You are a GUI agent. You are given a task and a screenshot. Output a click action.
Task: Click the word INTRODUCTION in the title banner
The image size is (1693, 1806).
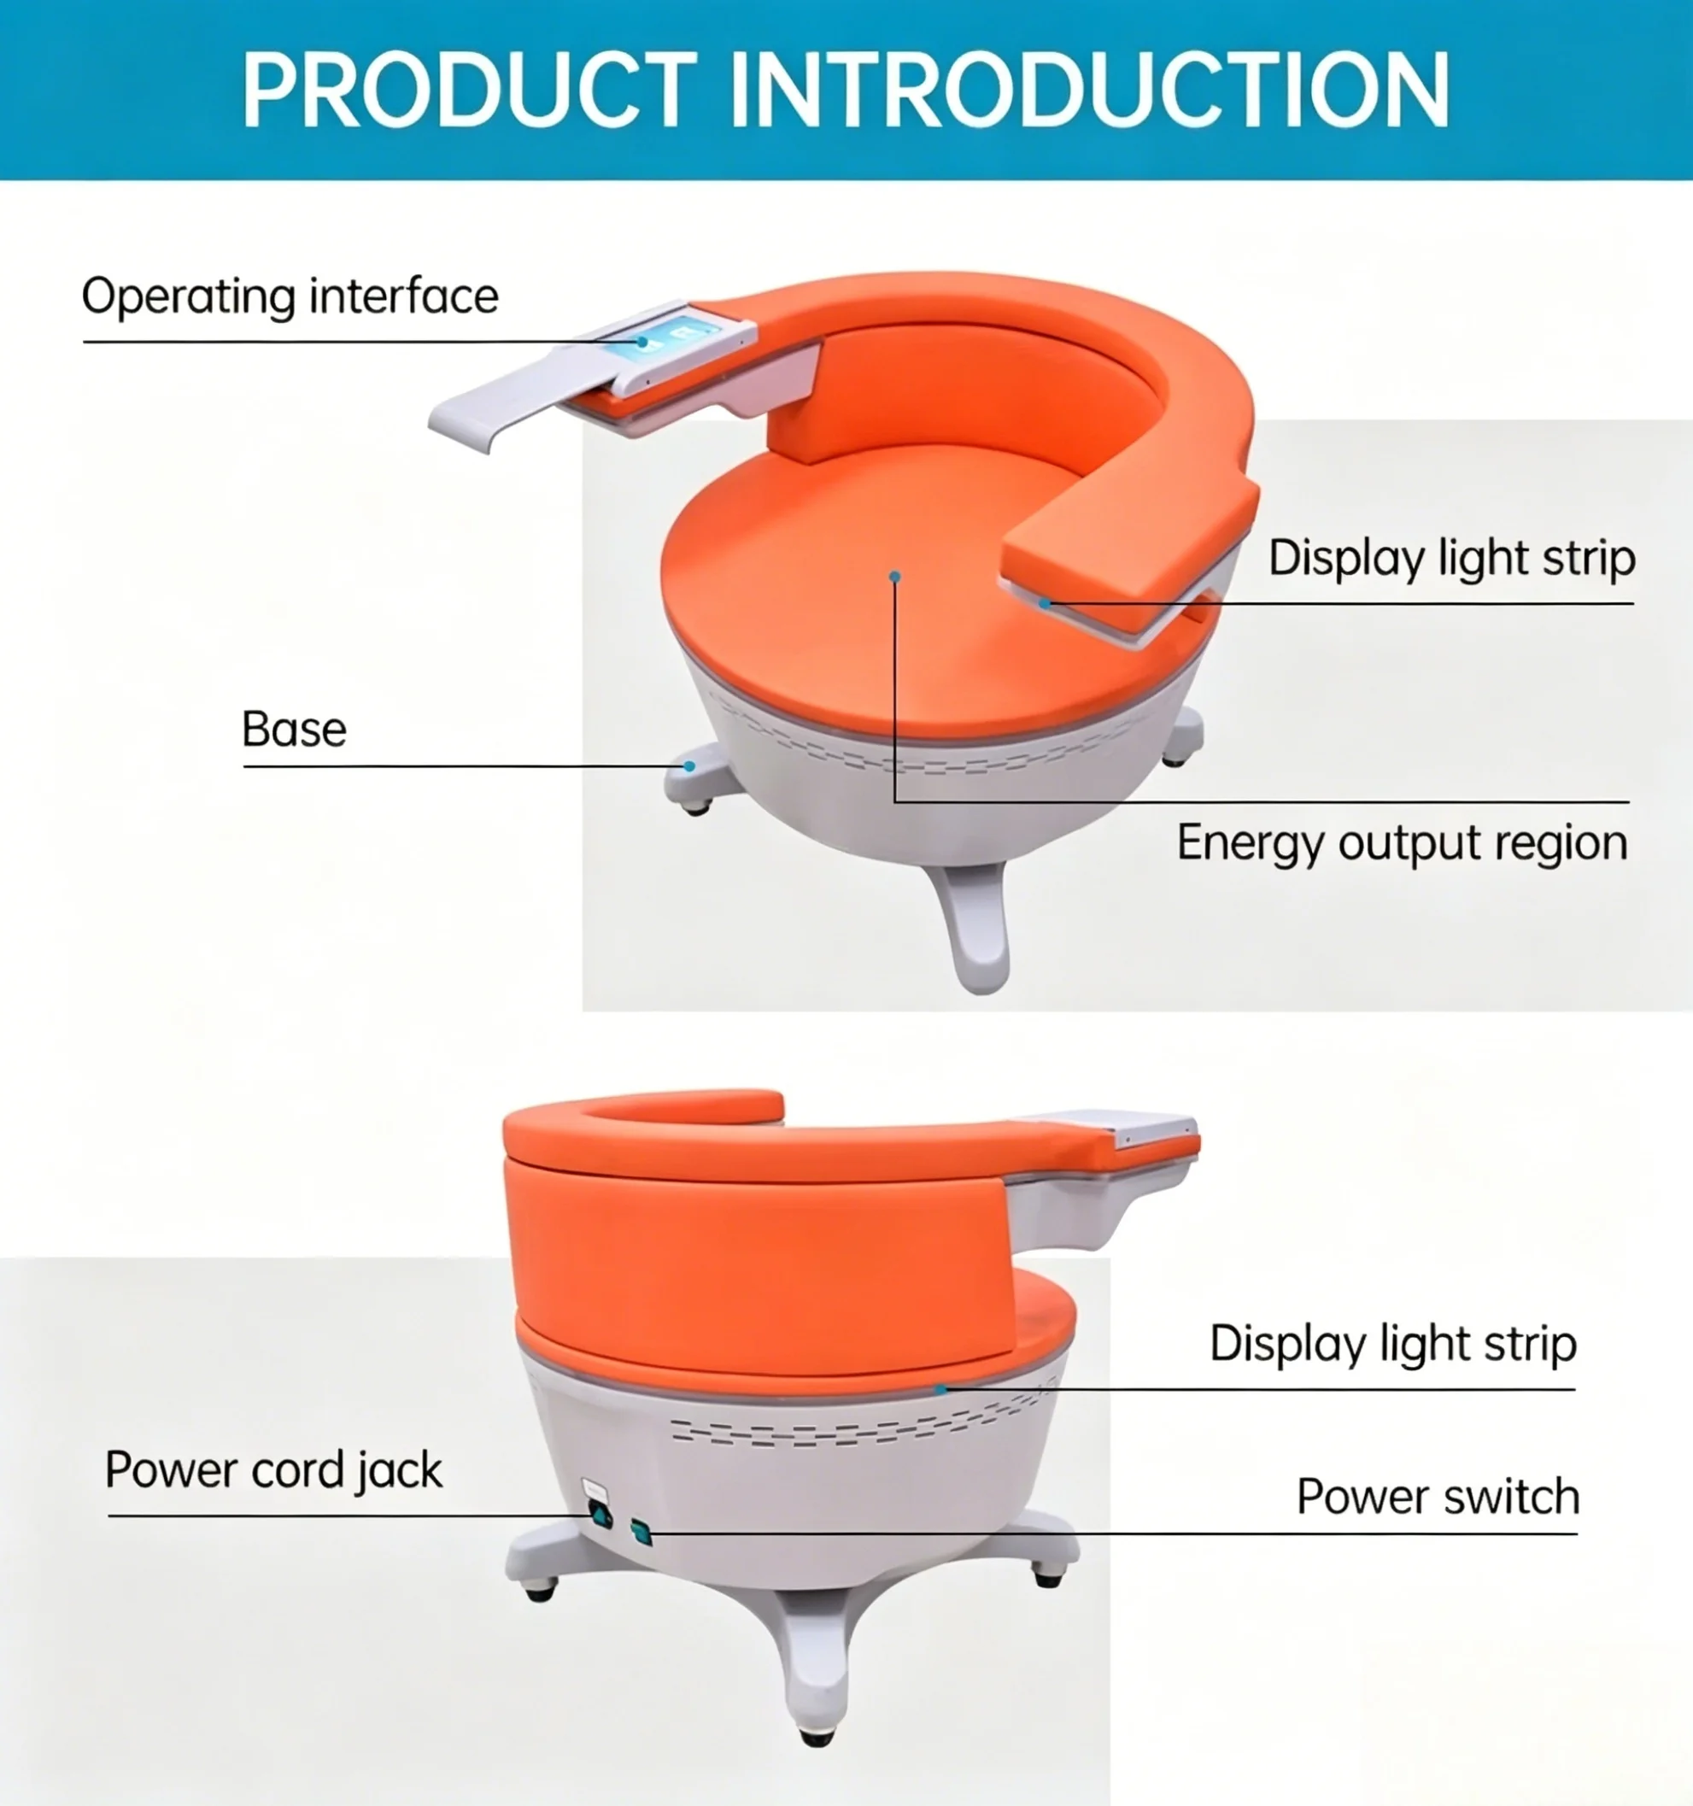[x=1089, y=89]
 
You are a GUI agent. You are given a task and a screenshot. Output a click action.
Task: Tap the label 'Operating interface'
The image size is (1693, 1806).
[x=290, y=297]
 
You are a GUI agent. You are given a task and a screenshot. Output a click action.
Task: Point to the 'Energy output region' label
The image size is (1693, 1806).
[x=1403, y=844]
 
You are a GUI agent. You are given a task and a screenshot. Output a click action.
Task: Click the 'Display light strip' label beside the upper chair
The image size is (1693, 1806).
[x=1451, y=559]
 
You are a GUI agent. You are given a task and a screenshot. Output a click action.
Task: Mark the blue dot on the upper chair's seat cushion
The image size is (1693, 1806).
[x=894, y=576]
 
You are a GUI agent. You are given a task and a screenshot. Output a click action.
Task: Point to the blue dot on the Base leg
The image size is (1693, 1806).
[x=689, y=766]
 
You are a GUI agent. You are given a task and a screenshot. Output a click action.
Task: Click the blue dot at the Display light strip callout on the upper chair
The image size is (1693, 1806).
[x=1046, y=603]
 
